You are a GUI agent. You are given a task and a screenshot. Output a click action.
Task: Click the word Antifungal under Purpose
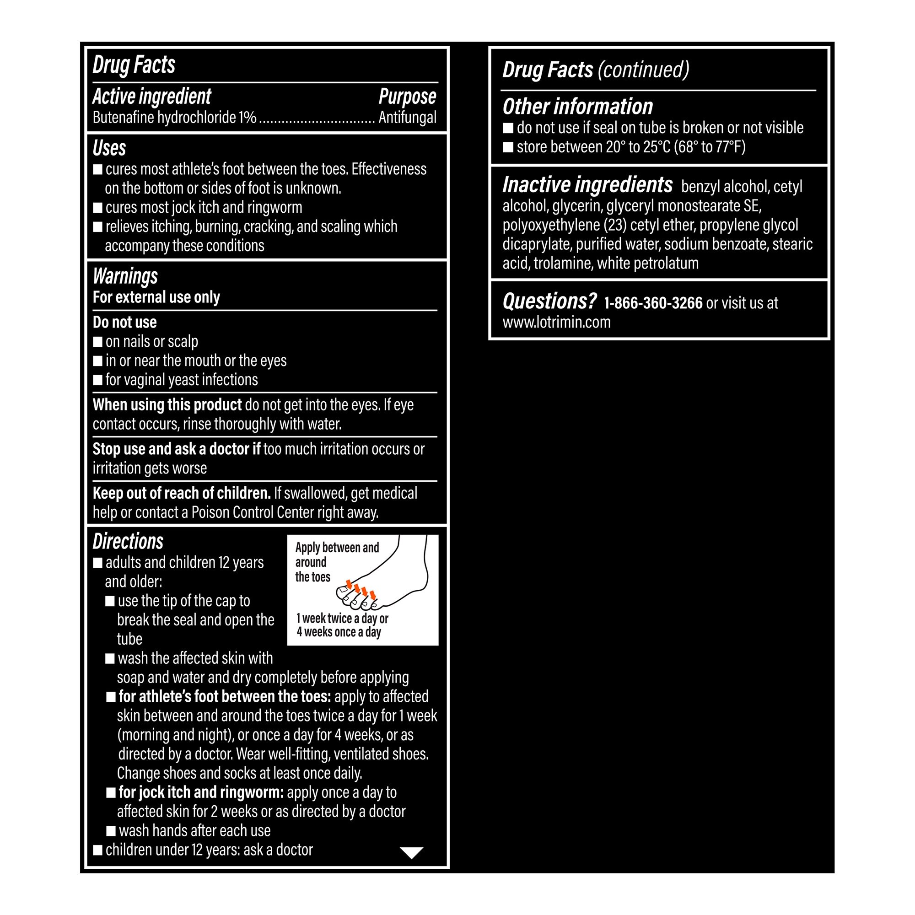[x=407, y=118]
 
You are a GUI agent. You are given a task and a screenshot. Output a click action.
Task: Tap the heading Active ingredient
[x=151, y=97]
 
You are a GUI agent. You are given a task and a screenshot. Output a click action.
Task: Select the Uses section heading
[x=109, y=148]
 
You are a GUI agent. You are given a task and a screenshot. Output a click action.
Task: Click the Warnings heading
[x=125, y=277]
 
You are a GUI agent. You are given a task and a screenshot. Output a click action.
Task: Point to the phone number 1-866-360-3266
[x=653, y=303]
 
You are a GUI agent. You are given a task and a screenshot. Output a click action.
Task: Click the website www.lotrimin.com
[x=556, y=323]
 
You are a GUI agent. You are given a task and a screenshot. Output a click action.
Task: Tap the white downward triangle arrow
[x=412, y=853]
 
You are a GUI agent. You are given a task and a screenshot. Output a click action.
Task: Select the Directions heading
[x=128, y=541]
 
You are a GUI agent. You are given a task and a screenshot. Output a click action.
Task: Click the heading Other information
[x=577, y=107]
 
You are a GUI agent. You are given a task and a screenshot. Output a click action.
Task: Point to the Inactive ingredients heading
[x=587, y=185]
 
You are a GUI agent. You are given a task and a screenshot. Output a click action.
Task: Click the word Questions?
[x=549, y=301]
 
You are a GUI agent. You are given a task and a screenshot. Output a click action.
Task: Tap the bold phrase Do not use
[x=124, y=323]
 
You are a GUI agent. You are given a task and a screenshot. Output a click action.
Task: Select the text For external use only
[x=156, y=297]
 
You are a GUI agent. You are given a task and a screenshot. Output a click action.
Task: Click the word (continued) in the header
[x=643, y=70]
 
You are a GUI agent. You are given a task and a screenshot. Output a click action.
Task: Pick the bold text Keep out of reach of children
[x=181, y=494]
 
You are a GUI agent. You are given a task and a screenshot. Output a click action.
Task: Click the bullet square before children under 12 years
[x=98, y=850]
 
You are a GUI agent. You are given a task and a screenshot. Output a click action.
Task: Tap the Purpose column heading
[x=407, y=97]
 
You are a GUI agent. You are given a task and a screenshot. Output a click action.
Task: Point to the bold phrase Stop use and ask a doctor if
[x=176, y=449]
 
